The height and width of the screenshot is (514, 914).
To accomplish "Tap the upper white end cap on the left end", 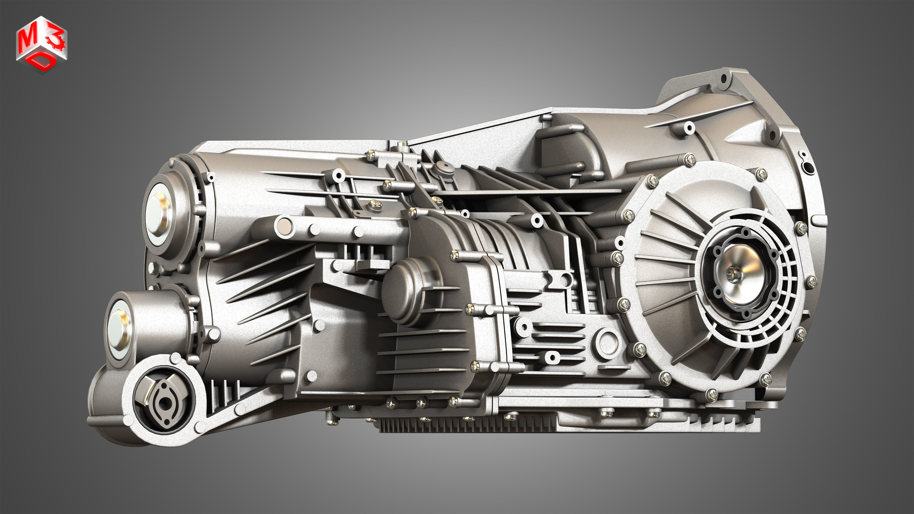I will (159, 215).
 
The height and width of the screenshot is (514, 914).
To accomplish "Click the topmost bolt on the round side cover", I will (690, 160).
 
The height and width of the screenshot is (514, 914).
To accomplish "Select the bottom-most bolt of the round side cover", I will (712, 394).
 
